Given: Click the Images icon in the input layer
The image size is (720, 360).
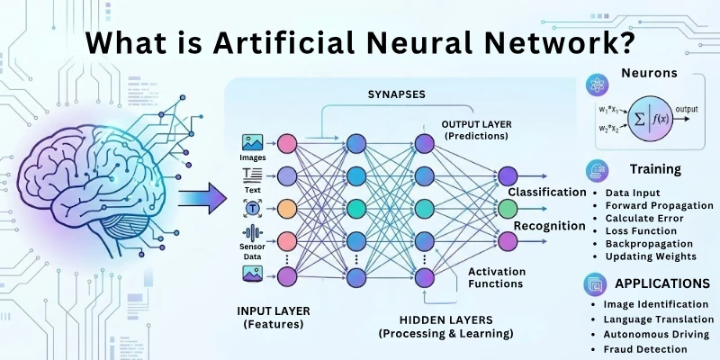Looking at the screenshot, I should (252, 142).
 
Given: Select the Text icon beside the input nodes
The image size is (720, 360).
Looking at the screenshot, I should (252, 174).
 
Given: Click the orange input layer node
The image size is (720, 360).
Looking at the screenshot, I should (287, 207).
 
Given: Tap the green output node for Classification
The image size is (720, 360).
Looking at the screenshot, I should (508, 209).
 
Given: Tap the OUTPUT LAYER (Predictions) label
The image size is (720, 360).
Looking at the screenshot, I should (474, 129).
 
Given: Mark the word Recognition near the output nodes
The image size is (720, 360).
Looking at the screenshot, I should (550, 225).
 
